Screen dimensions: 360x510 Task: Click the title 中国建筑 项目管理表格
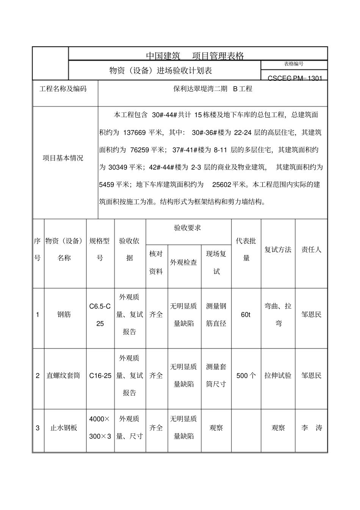195,56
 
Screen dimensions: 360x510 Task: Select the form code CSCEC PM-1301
295,78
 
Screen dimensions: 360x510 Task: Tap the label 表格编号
294,64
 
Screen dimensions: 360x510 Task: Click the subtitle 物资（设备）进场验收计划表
160,71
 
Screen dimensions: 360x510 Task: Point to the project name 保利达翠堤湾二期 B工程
213,89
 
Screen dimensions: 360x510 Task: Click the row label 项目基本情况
63,158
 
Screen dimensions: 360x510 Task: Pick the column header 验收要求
188,228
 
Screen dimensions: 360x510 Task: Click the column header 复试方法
278,250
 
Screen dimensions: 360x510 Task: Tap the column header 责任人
311,250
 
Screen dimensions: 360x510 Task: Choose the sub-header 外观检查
183,262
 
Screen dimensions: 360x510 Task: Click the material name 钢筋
64,314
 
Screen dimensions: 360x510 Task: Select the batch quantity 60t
246,315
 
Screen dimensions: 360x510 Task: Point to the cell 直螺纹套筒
63,375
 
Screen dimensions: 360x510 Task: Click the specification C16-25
100,375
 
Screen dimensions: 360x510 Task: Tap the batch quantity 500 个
246,375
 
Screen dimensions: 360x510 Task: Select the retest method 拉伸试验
278,375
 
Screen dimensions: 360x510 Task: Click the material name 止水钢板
64,428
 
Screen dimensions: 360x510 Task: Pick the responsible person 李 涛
311,428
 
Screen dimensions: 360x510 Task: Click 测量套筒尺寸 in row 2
216,375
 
